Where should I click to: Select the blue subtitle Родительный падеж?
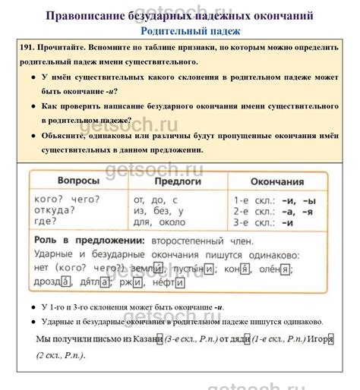click(191, 31)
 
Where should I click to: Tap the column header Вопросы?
click(79, 182)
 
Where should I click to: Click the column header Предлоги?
click(178, 182)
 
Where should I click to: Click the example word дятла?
click(94, 282)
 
